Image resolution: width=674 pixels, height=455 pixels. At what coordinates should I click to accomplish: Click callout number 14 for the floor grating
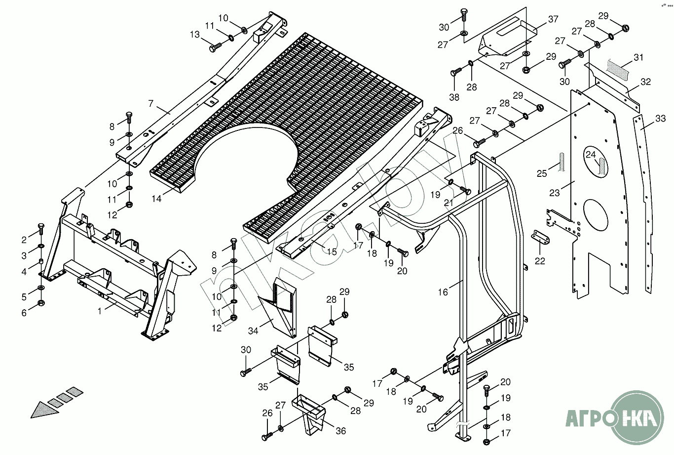coord(156,199)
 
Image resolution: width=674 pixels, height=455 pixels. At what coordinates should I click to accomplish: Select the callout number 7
coord(151,104)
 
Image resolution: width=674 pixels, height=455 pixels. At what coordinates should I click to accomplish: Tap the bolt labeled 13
coord(216,47)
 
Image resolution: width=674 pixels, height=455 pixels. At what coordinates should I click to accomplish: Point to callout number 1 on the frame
coord(100,311)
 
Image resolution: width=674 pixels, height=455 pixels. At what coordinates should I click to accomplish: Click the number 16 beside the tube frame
coord(443,292)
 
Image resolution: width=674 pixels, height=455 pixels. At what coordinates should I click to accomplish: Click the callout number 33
coord(661,119)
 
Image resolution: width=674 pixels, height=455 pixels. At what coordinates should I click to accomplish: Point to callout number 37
coord(553,19)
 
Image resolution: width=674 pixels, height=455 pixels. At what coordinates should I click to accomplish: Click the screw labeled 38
coord(455,73)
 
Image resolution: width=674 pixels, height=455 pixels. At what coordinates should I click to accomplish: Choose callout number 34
coord(253,331)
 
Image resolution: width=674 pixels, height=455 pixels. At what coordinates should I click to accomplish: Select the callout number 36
coord(340,431)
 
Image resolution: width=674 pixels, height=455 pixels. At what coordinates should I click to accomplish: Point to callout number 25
coord(542,173)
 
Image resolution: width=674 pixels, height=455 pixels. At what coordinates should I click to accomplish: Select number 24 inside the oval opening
coord(591,154)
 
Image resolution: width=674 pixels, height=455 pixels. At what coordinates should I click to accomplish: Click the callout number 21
coord(448,203)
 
